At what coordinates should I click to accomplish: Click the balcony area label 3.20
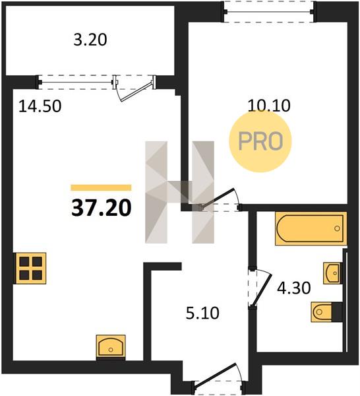click(90, 40)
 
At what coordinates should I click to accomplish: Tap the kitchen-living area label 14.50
click(40, 106)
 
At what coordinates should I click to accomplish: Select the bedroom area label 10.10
click(269, 106)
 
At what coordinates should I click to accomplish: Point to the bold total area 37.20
click(102, 208)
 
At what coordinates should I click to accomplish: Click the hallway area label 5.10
click(202, 313)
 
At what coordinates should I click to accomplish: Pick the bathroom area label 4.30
click(293, 288)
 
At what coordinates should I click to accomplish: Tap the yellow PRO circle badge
click(260, 141)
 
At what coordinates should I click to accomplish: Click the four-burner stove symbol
click(31, 268)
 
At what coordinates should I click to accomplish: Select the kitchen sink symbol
click(111, 347)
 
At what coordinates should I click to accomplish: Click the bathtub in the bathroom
click(311, 228)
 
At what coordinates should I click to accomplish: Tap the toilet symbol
click(327, 312)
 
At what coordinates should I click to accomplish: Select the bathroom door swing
click(260, 288)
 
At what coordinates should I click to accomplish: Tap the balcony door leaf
click(136, 91)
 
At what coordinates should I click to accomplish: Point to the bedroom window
click(269, 12)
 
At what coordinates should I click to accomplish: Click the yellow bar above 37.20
click(101, 187)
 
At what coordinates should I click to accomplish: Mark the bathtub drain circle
click(337, 228)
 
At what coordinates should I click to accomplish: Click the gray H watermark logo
click(179, 192)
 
